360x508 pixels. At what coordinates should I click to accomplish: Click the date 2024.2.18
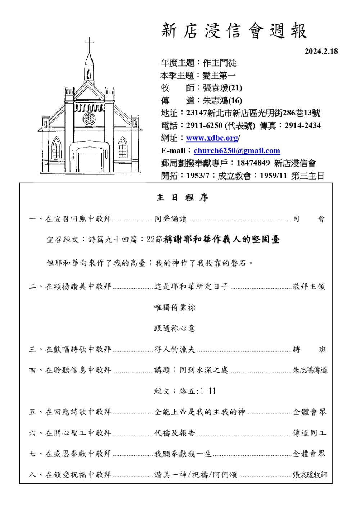coord(321,51)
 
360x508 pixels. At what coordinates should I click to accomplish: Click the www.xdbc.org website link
coord(212,138)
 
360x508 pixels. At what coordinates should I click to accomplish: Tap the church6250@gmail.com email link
coord(237,151)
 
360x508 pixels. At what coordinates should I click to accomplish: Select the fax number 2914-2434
coord(302,126)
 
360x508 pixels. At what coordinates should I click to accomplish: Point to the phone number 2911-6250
coord(204,126)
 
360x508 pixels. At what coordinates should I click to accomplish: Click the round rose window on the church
coord(89,118)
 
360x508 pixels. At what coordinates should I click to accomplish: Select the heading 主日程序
coord(183,198)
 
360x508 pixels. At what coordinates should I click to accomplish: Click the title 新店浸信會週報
coord(234,31)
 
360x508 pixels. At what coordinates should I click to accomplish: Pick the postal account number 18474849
coord(253,163)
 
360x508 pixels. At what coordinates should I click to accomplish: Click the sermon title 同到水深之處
coord(204,370)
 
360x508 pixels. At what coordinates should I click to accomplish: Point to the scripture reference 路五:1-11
coord(197,391)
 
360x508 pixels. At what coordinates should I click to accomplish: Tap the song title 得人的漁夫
coord(175,349)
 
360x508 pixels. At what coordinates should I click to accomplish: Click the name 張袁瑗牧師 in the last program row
coord(310,475)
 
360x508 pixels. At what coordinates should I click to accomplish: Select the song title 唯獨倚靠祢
coord(175,307)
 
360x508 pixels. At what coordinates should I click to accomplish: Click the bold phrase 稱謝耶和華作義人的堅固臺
coord(221,240)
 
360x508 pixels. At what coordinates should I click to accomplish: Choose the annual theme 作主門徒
coord(220,63)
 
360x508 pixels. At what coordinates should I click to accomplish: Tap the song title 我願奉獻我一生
coord(183,454)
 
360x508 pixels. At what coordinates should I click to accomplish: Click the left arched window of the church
coord(56,148)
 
